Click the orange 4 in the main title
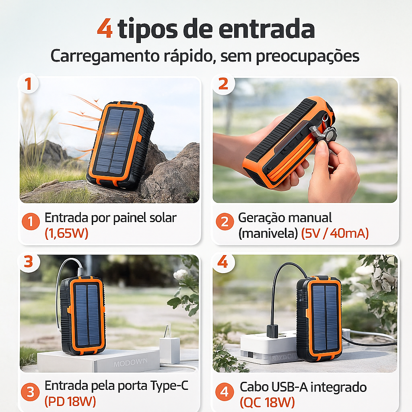pos(105,29)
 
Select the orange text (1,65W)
pos(66,233)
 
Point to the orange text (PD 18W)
pos(70,401)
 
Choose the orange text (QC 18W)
pos(267,402)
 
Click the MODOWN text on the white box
pos(130,363)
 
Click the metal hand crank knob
pos(330,134)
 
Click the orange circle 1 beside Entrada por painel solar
pos(31,222)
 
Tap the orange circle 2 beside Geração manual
pos(225,222)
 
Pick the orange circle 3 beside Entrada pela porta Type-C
pos(30,392)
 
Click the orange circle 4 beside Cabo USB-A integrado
pos(225,392)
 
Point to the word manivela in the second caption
pos(268,233)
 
